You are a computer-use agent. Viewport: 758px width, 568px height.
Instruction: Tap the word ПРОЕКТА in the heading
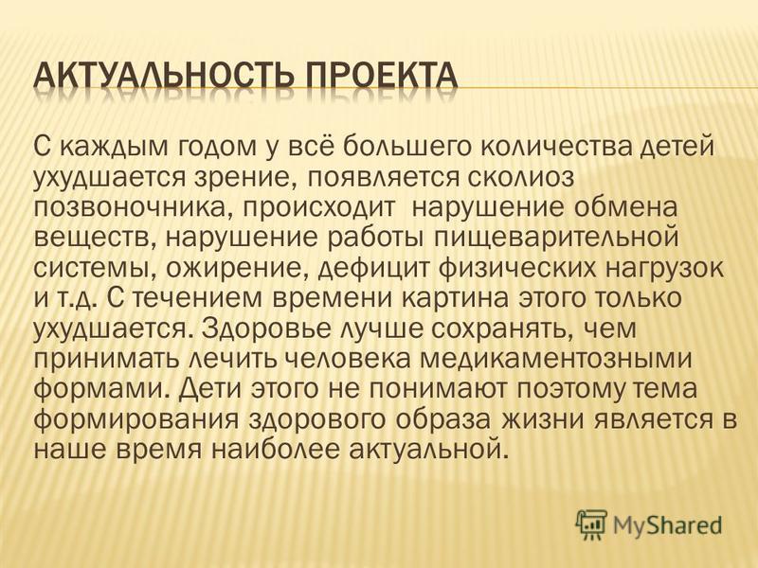[376, 78]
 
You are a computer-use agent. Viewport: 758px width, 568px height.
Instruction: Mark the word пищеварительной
[554, 239]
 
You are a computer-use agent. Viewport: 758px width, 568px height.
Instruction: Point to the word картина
[456, 299]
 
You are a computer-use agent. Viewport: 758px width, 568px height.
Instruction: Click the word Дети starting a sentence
[209, 389]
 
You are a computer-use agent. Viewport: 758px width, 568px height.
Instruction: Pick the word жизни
[539, 420]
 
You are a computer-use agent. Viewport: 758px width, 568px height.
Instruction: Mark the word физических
[514, 269]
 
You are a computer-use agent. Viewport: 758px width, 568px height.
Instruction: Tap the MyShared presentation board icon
[591, 524]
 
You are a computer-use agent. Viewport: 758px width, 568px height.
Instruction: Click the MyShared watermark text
[667, 525]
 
